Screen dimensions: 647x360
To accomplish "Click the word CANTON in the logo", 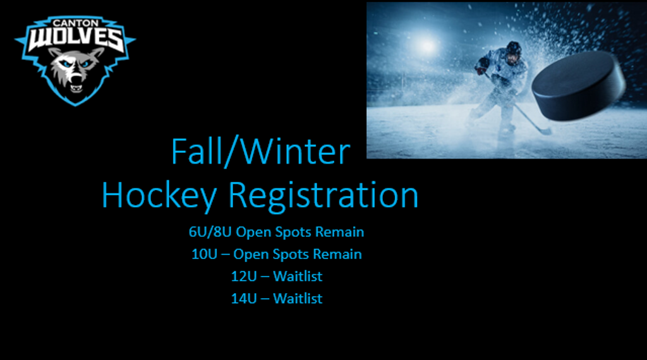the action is coord(76,23).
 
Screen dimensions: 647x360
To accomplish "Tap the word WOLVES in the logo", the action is coord(76,40).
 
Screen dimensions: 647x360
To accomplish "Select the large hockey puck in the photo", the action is coord(577,86).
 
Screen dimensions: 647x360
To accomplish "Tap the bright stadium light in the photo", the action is coord(425,45).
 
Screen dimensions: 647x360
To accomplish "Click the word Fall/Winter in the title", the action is coord(261,152).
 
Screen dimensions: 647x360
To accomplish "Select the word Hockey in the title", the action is coord(159,195).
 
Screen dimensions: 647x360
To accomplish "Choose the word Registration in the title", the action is coord(323,195).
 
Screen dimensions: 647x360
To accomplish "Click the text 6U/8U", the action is coord(210,232).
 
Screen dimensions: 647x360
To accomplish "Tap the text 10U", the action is coord(204,254).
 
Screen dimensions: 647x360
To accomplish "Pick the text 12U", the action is coord(243,276).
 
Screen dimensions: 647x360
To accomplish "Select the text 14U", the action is coord(243,299).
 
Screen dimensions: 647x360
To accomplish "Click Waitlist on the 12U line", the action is coord(298,276).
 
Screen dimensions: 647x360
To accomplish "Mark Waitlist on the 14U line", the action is coord(298,299).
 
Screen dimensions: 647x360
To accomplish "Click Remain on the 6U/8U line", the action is coord(339,232).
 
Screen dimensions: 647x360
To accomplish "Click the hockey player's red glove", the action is coord(481,71).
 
